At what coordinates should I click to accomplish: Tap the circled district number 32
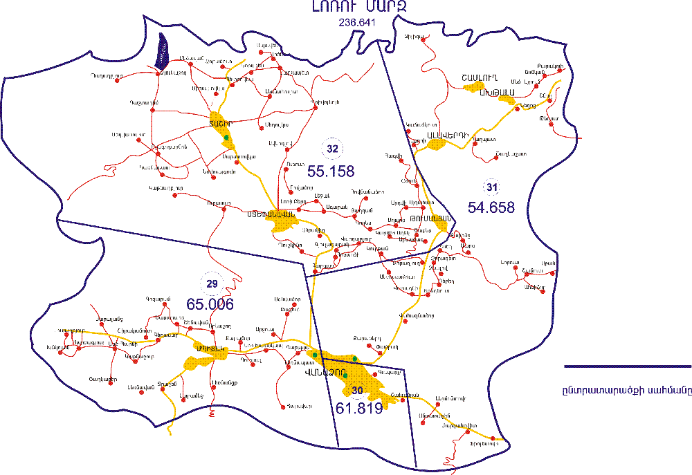(x=332, y=149)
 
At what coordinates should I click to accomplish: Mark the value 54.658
(x=491, y=206)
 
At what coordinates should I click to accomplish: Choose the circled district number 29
(x=212, y=283)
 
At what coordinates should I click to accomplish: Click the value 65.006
(x=210, y=304)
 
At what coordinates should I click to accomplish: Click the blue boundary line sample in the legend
(x=626, y=368)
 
